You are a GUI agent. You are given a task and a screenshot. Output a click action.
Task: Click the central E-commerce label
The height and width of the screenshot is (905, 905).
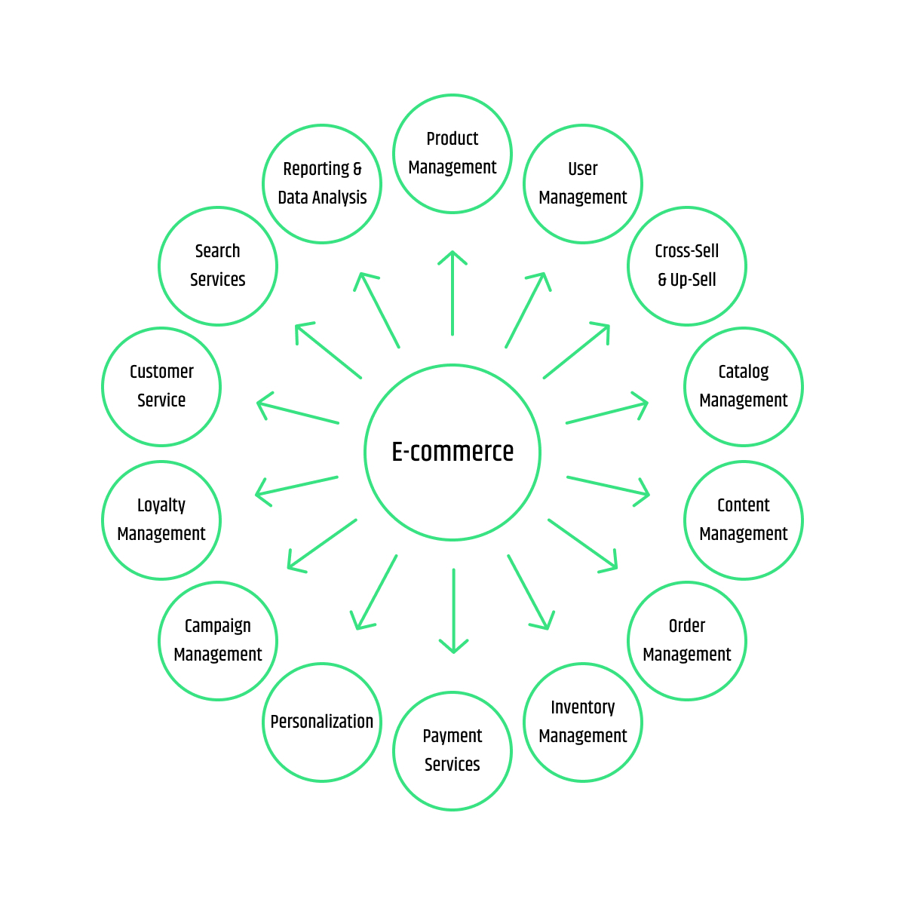(x=452, y=452)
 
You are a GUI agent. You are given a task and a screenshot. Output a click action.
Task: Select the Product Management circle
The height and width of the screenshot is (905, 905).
(x=452, y=153)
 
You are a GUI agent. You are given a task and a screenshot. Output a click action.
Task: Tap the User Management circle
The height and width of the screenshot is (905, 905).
(x=583, y=183)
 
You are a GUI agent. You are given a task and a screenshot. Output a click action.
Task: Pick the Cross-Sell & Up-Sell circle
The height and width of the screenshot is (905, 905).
(x=687, y=265)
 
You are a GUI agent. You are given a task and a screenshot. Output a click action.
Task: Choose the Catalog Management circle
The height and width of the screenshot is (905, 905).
(x=744, y=386)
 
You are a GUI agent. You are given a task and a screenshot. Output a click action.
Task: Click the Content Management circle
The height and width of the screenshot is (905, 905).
(x=744, y=520)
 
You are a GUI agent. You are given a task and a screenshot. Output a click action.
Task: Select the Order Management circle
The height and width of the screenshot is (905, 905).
(x=687, y=640)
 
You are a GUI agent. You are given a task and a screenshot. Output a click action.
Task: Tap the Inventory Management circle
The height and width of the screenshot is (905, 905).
(x=583, y=722)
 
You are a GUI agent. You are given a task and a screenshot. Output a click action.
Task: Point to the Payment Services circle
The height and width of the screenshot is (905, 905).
(x=452, y=750)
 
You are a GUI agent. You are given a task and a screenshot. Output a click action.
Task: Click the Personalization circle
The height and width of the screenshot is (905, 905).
(x=322, y=722)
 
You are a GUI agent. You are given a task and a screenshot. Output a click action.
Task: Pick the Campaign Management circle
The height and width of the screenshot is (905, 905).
(x=218, y=640)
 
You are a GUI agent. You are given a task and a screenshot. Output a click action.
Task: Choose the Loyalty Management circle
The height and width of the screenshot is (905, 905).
(x=161, y=520)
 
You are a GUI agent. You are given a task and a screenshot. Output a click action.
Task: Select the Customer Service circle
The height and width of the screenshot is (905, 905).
(x=161, y=386)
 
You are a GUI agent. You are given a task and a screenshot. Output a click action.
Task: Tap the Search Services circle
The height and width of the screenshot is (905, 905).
(x=218, y=265)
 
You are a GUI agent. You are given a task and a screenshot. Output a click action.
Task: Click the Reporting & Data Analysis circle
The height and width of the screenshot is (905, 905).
(x=322, y=183)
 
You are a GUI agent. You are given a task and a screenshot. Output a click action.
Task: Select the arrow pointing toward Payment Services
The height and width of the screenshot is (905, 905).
(x=453, y=611)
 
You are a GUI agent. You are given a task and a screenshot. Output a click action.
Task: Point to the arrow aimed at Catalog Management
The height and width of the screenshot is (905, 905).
(x=607, y=413)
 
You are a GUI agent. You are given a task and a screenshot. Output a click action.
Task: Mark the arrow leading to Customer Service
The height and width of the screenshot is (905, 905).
(x=298, y=413)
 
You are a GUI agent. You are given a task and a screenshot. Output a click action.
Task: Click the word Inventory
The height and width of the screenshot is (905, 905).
(x=583, y=707)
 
